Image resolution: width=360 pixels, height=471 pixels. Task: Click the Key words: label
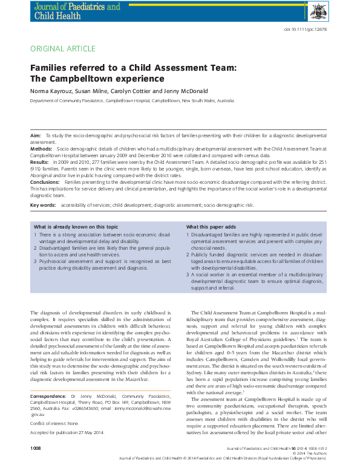click(44, 206)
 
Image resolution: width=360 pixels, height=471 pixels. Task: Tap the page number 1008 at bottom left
click(36, 464)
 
